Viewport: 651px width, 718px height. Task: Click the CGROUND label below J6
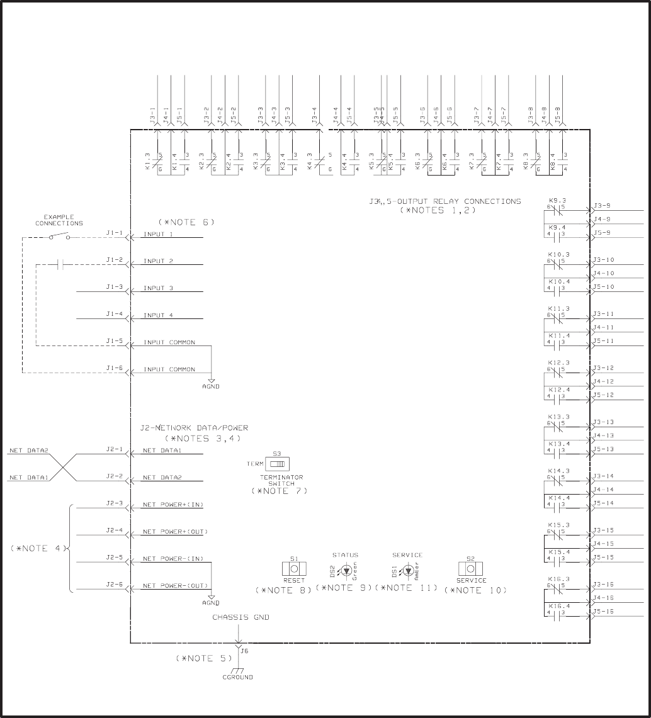pyautogui.click(x=237, y=677)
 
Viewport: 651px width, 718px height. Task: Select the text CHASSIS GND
pyautogui.click(x=241, y=617)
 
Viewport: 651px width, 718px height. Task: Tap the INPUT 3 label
pyautogui.click(x=158, y=288)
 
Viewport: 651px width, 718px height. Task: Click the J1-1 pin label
pyautogui.click(x=115, y=233)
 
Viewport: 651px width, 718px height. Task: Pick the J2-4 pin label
pyautogui.click(x=115, y=531)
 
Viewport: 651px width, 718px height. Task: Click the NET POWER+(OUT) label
pyautogui.click(x=175, y=532)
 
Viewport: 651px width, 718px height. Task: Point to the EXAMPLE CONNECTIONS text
pyautogui.click(x=59, y=220)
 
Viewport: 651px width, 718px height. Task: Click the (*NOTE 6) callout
pyautogui.click(x=186, y=222)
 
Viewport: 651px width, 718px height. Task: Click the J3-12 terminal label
pyautogui.click(x=603, y=368)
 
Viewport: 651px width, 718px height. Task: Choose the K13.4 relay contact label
pyautogui.click(x=558, y=444)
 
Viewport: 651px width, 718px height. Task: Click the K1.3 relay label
pyautogui.click(x=147, y=161)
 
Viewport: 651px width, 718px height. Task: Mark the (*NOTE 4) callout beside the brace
pyautogui.click(x=38, y=548)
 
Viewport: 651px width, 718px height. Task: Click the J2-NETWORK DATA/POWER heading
pyautogui.click(x=194, y=428)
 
